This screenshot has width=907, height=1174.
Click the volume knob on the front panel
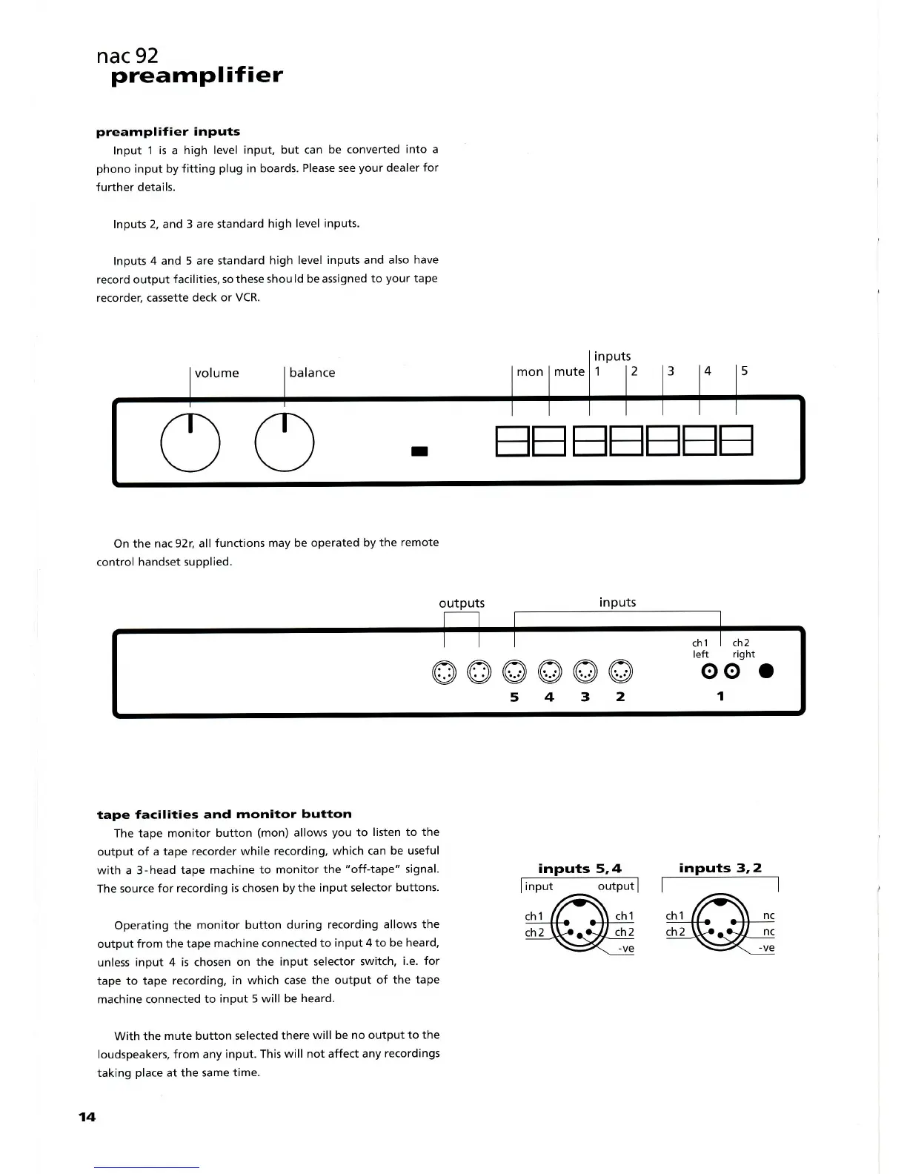tap(190, 442)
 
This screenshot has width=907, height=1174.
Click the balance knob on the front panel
tap(285, 442)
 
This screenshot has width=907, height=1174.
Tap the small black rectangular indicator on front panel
tap(420, 451)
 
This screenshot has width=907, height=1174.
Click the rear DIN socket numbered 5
tap(514, 672)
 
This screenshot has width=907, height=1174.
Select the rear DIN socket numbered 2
tap(621, 672)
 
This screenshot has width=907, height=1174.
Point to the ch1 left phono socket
tap(710, 671)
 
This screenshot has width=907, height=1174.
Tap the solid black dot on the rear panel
tap(766, 671)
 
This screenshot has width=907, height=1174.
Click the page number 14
tap(87, 1117)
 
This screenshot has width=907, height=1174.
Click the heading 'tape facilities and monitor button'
tap(225, 814)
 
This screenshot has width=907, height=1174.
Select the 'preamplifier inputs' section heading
tap(168, 132)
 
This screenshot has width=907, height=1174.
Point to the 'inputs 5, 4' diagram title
tap(579, 868)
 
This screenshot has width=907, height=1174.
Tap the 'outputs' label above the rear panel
tap(462, 603)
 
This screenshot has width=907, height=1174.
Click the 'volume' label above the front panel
tap(216, 373)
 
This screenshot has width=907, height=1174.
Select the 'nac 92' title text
tap(127, 56)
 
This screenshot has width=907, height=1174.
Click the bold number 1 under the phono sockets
tap(720, 696)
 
